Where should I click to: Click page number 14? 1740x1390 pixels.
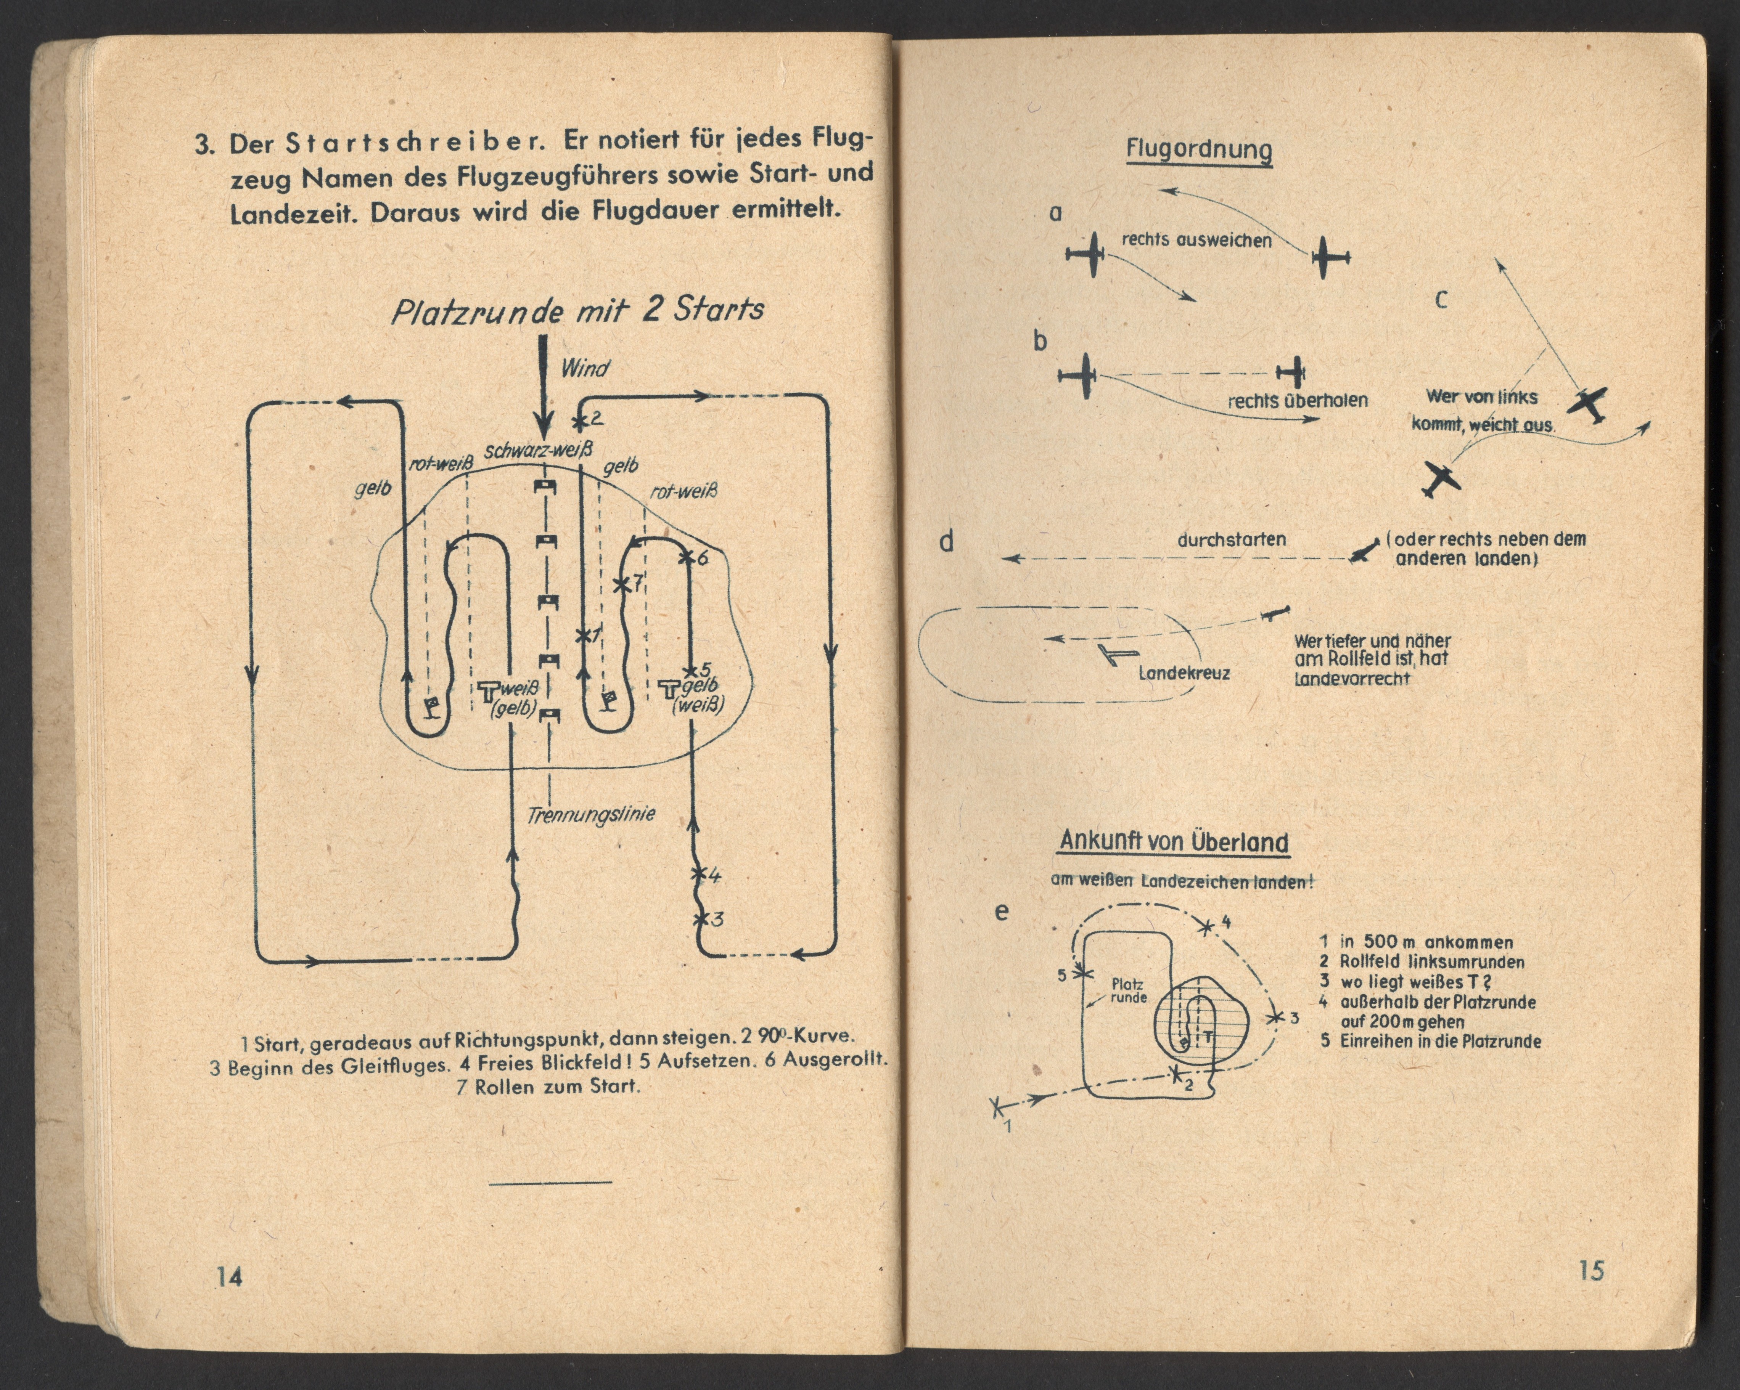[x=229, y=1277]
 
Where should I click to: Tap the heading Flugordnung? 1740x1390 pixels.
[x=1199, y=150]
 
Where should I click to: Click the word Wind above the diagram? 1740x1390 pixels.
[x=585, y=369]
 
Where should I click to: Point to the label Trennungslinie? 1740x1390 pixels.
[x=591, y=815]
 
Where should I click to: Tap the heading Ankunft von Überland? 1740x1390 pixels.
[x=1174, y=841]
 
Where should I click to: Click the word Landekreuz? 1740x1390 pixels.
[x=1184, y=673]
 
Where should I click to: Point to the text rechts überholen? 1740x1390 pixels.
[x=1298, y=400]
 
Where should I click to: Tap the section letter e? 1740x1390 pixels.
[x=1002, y=912]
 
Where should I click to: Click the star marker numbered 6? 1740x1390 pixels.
[x=686, y=557]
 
